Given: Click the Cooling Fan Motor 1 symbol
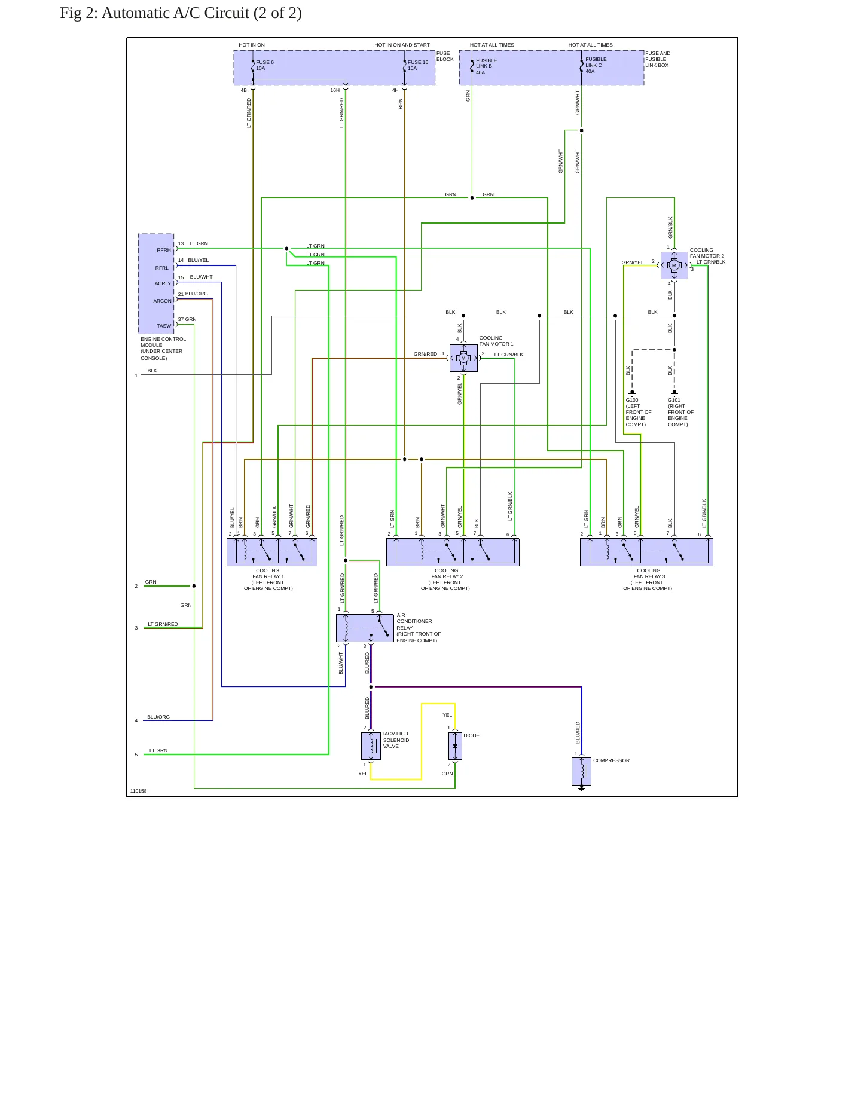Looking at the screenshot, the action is pos(463,358).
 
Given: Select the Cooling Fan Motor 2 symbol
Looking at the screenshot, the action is pos(674,265).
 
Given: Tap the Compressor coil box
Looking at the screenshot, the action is pos(581,771).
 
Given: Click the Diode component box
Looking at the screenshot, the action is pos(455,746).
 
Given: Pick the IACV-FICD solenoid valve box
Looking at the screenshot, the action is pos(371,746).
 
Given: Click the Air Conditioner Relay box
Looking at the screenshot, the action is pos(365,628).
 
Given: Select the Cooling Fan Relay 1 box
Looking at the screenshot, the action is pos(272,552).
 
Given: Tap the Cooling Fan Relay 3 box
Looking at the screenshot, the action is pos(646,552).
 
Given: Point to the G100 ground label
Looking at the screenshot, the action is pos(632,400).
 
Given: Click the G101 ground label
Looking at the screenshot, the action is pos(674,400).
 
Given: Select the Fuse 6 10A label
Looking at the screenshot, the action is pos(265,65).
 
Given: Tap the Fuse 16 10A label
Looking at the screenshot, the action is pos(418,65).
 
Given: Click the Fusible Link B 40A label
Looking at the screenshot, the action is pos(486,66).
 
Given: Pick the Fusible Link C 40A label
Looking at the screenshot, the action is pos(596,65).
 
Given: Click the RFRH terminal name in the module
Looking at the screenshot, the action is pos(164,250).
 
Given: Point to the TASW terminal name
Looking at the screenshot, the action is pos(164,326).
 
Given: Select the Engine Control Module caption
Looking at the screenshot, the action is pos(163,349).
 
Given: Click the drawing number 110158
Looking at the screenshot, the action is pos(138,791).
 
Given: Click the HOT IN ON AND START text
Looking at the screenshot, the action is pos(402,45).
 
